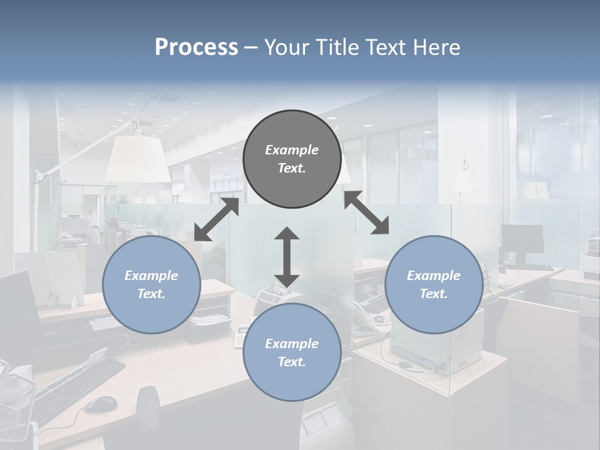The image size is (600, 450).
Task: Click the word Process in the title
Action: point(196,47)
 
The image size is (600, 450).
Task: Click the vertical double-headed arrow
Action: point(287,257)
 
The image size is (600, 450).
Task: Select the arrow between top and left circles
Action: point(216,219)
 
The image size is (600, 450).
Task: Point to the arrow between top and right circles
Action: point(366,213)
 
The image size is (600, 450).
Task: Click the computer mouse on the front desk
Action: point(100,404)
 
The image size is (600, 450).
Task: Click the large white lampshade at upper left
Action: point(137,159)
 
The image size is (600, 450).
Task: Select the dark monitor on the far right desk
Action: point(522,239)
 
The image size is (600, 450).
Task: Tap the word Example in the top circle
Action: point(292,150)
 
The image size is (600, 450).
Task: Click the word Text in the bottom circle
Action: point(291,362)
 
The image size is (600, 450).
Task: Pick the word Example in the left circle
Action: point(151,276)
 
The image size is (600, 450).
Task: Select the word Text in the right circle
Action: point(432,294)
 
